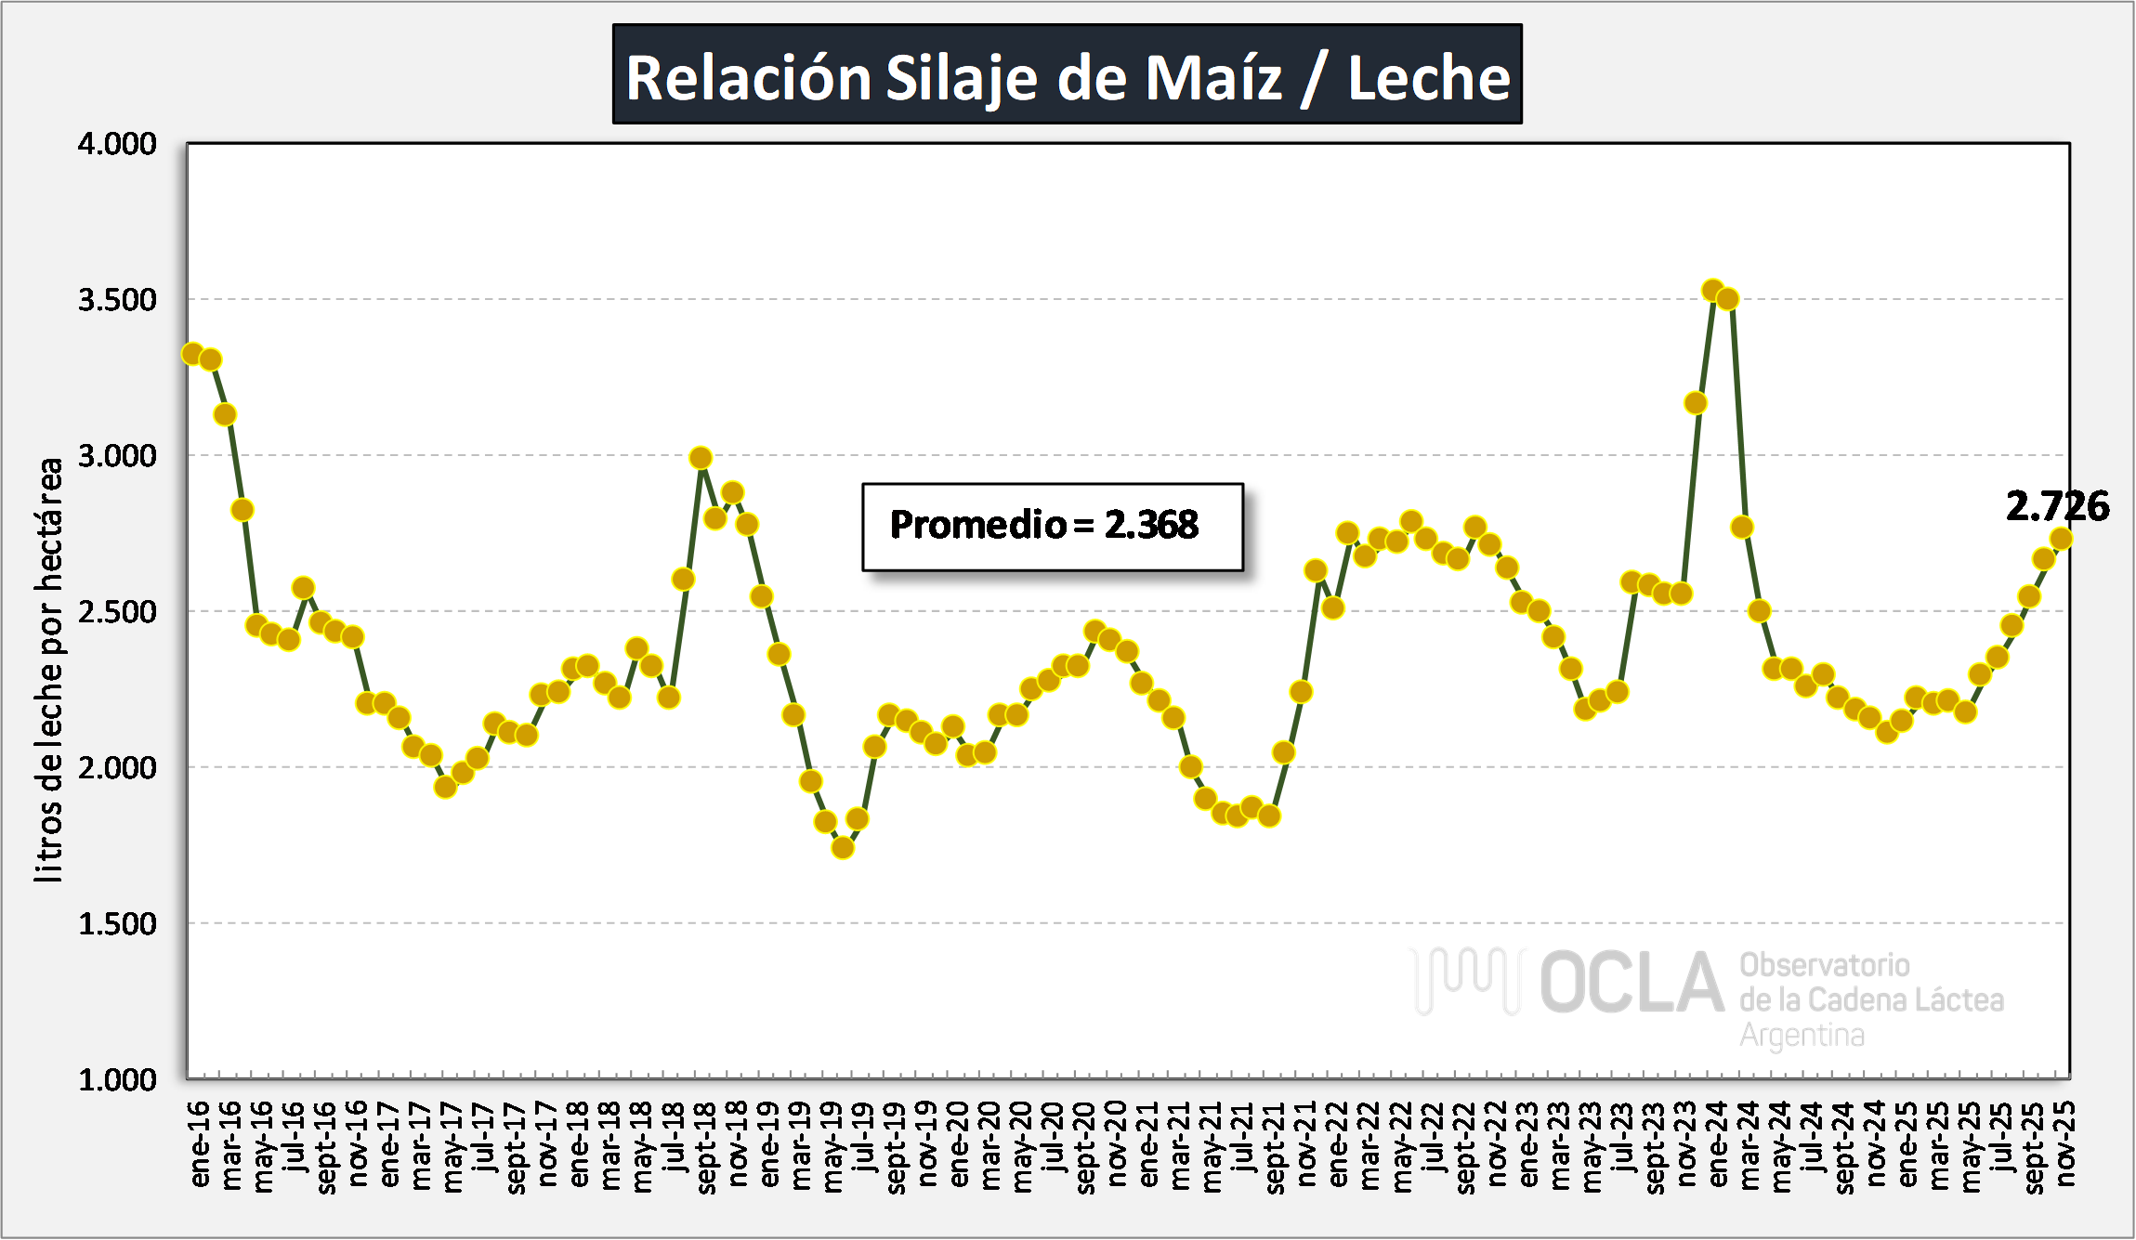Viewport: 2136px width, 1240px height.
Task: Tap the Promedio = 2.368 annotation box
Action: pyautogui.click(x=1052, y=526)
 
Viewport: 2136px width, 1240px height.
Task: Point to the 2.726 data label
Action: pyautogui.click(x=2056, y=506)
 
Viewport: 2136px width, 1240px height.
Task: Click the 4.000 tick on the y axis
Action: pyautogui.click(x=117, y=144)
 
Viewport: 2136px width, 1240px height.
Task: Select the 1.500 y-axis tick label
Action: pyautogui.click(x=117, y=924)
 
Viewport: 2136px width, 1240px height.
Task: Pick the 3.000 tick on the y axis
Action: pyautogui.click(x=117, y=456)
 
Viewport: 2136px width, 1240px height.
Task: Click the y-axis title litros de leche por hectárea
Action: pyautogui.click(x=48, y=669)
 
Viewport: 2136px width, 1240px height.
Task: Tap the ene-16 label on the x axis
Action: pyautogui.click(x=200, y=1144)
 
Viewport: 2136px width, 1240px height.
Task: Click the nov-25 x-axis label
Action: pyautogui.click(x=2064, y=1144)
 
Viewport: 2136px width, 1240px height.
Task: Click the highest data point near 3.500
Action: pyautogui.click(x=1713, y=291)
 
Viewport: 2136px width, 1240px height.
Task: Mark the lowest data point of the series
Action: pyautogui.click(x=842, y=847)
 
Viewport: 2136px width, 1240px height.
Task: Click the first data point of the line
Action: pyautogui.click(x=192, y=354)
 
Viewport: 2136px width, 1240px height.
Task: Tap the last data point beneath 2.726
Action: pyautogui.click(x=2061, y=539)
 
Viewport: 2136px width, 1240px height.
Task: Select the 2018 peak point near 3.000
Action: pyautogui.click(x=701, y=458)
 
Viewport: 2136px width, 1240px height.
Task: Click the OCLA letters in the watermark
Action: pyautogui.click(x=1631, y=983)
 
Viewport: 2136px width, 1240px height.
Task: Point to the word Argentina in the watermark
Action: pyautogui.click(x=1802, y=1035)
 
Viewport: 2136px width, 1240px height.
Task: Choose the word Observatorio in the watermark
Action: pyautogui.click(x=1824, y=965)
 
